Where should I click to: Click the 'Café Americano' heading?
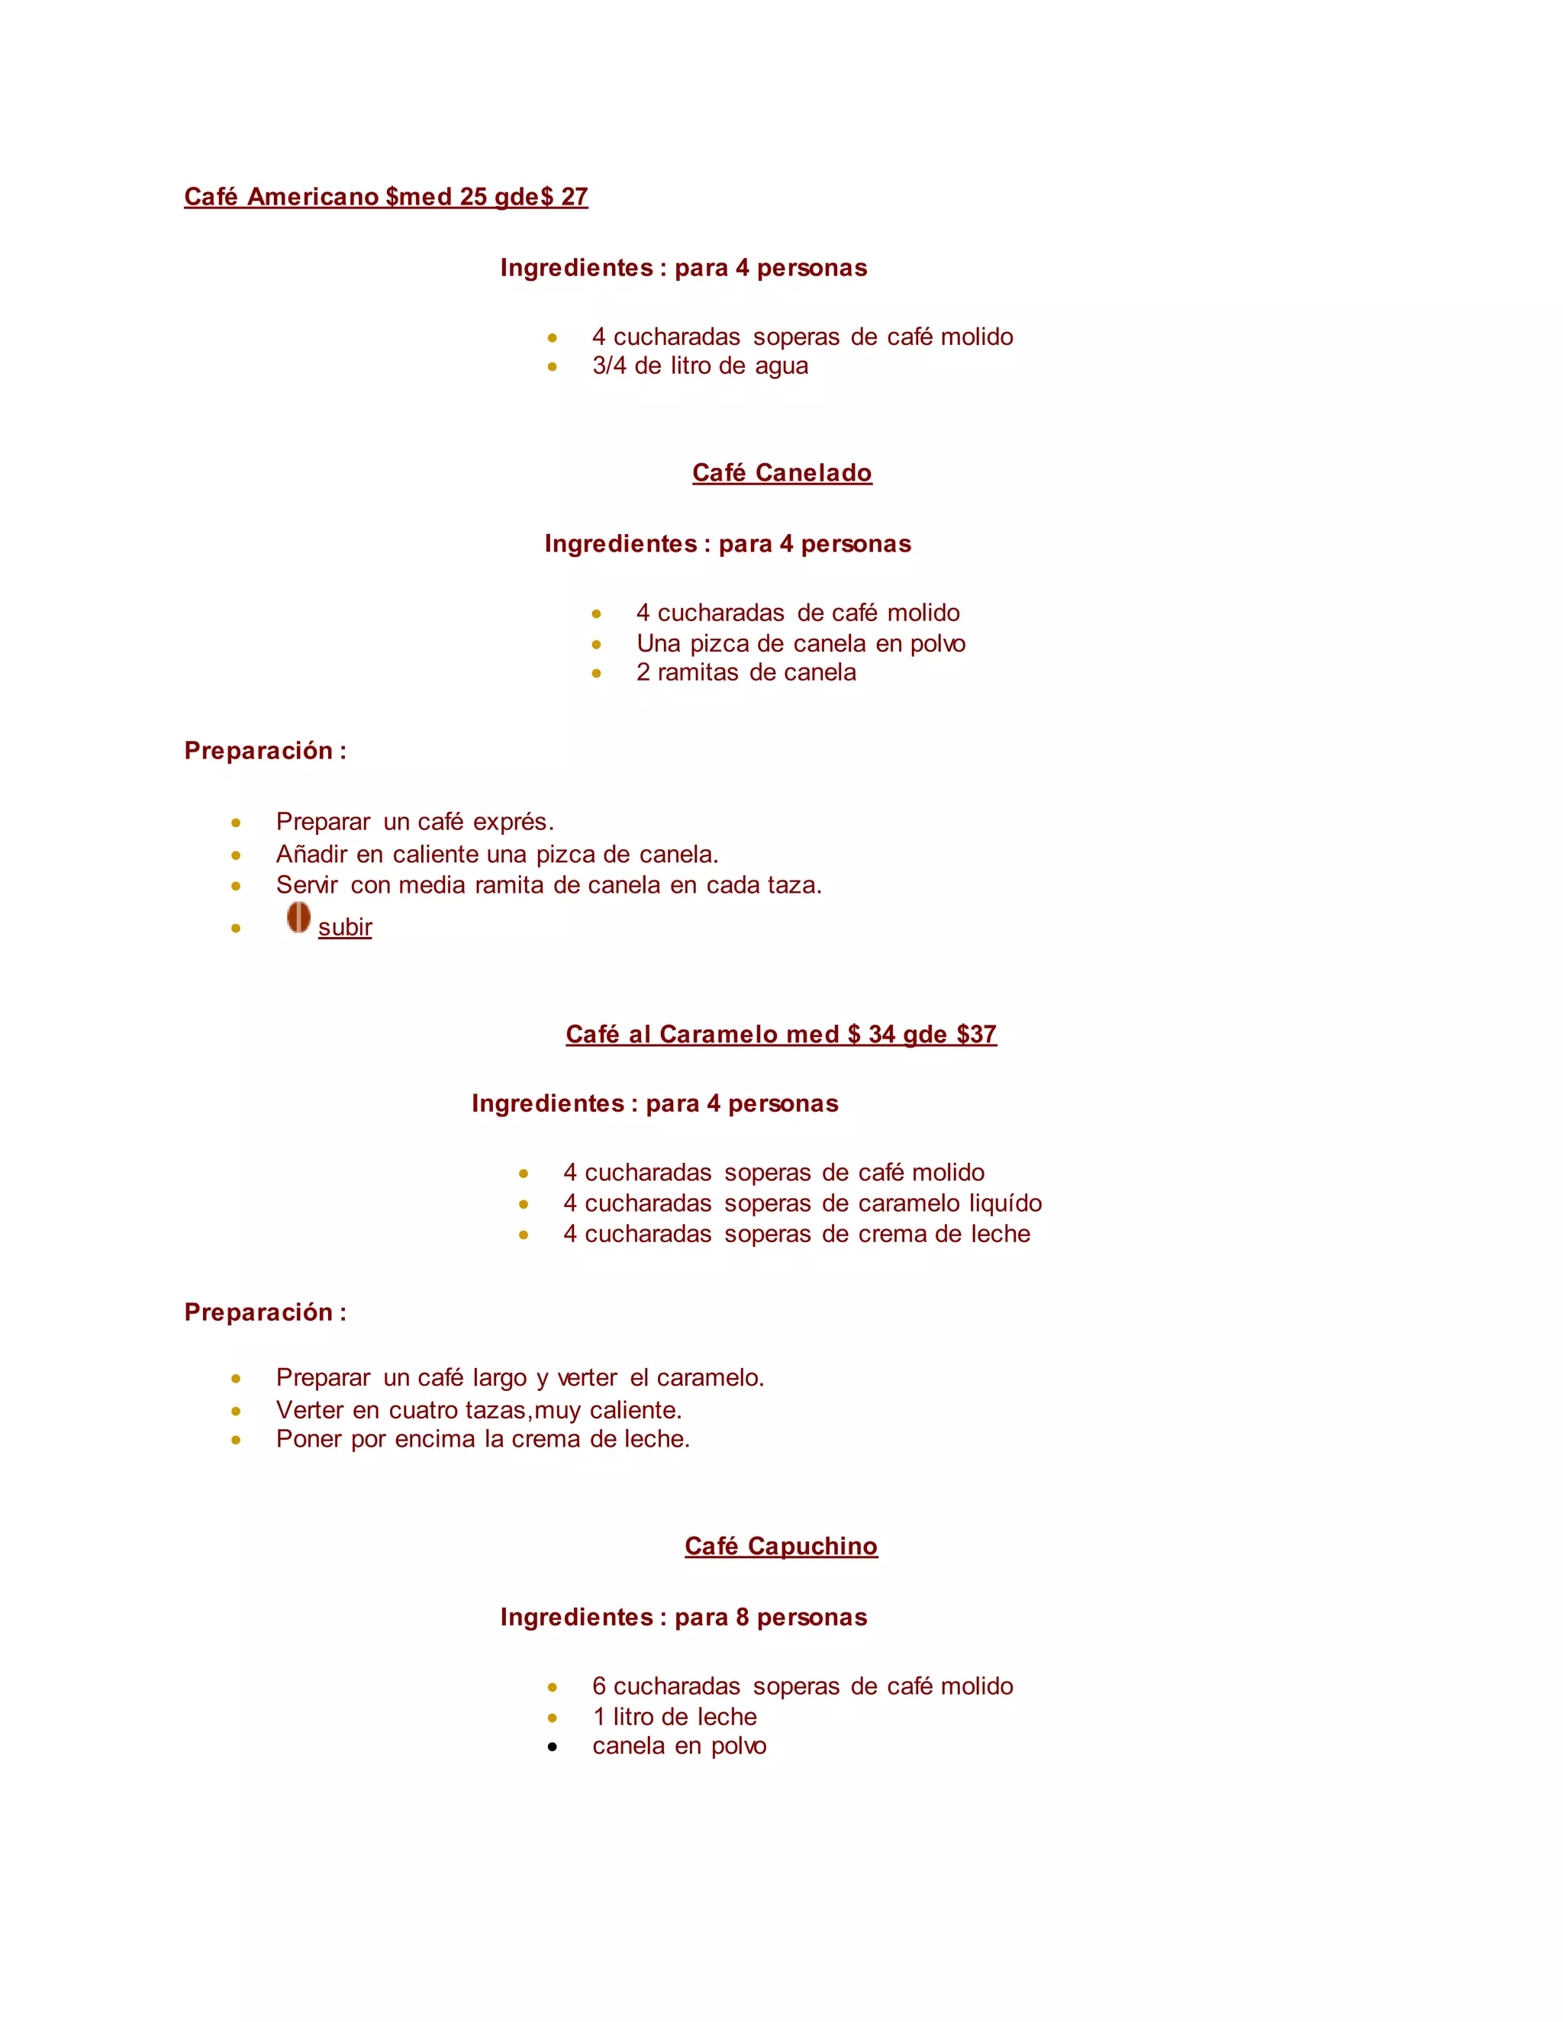[x=385, y=196]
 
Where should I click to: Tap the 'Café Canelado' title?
[x=781, y=473]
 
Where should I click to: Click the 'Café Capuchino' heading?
[x=781, y=1546]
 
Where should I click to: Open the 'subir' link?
[x=344, y=927]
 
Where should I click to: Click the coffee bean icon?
[x=298, y=917]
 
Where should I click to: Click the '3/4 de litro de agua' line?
[x=700, y=365]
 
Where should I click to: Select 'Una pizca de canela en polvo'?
[x=800, y=643]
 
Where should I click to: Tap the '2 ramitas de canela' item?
[x=746, y=672]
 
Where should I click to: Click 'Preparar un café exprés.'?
[x=415, y=822]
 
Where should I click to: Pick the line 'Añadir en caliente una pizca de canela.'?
[x=498, y=854]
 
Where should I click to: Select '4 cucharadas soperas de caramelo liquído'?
[x=802, y=1203]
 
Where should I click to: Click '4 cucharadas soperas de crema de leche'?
[x=796, y=1234]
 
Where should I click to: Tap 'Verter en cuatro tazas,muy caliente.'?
[x=479, y=1410]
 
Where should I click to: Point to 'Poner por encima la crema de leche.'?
[x=482, y=1440]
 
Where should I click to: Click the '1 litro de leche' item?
[x=674, y=1717]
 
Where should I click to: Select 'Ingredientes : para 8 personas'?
[x=683, y=1618]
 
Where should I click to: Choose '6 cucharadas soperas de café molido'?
[x=802, y=1686]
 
